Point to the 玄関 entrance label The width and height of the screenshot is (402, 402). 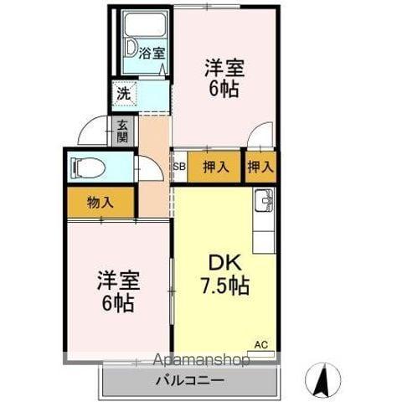(x=123, y=131)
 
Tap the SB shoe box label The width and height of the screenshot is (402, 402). (x=178, y=167)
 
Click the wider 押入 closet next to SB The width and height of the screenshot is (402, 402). (x=215, y=167)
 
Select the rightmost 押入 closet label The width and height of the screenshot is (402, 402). (x=260, y=167)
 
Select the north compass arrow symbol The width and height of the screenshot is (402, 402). (x=320, y=381)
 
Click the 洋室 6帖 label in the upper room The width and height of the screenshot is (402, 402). (x=224, y=76)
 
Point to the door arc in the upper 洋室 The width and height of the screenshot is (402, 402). (x=262, y=135)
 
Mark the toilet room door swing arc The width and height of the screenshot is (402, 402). (x=151, y=168)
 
